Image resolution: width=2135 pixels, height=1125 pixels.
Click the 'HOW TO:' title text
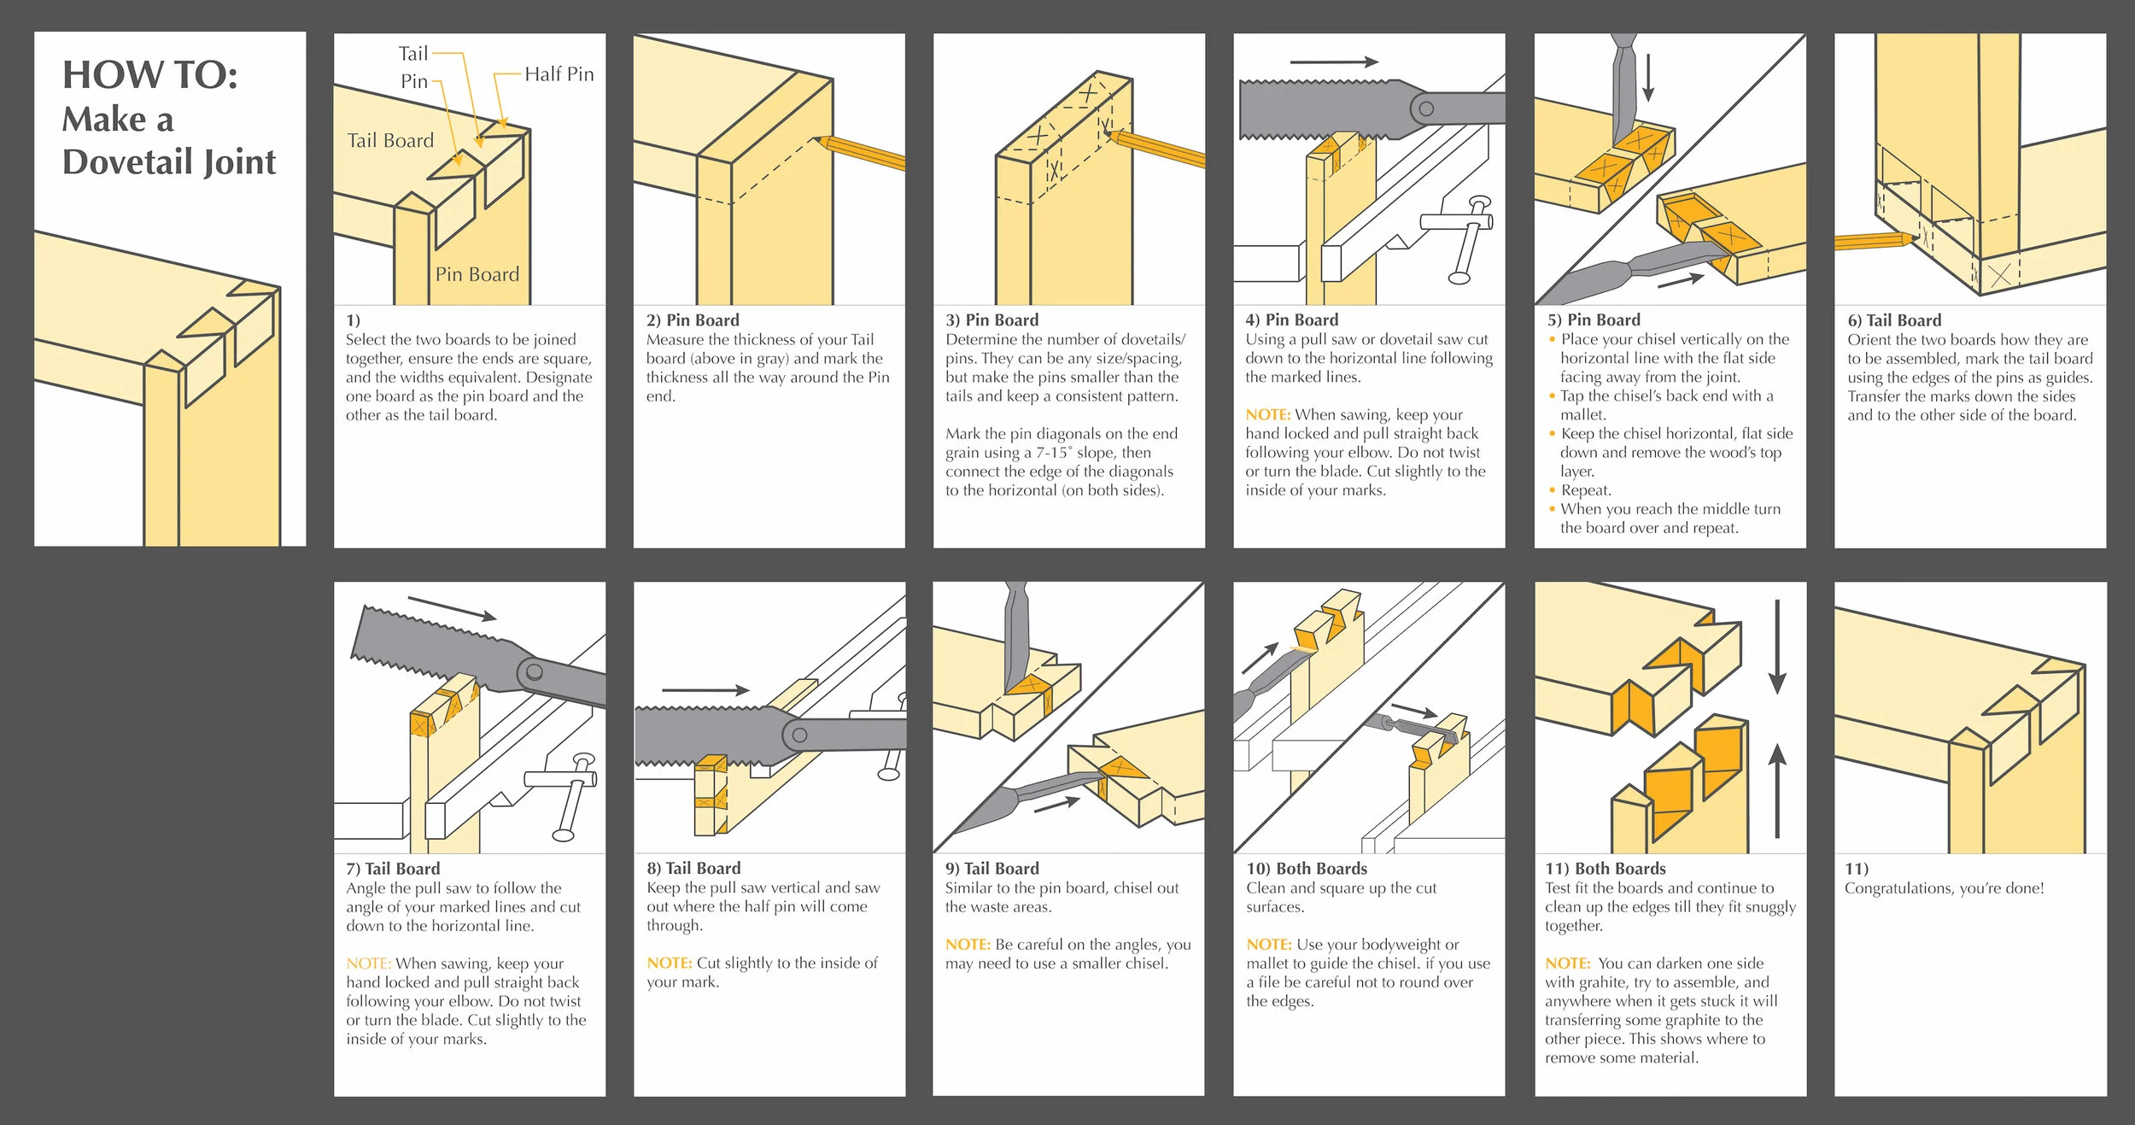point(149,75)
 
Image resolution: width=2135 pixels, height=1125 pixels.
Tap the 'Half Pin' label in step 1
point(559,74)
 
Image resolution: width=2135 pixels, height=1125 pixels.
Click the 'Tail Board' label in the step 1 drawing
point(390,141)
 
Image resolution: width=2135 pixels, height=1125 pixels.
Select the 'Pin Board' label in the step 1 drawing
point(477,274)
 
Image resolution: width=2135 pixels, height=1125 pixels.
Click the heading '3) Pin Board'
point(991,320)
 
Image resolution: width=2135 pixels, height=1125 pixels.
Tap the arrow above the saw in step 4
point(1333,62)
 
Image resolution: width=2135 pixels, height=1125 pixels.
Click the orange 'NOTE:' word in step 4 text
point(1267,415)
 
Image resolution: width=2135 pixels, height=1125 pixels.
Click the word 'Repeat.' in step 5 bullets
point(1586,490)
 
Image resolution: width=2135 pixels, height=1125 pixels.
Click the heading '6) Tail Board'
point(1894,320)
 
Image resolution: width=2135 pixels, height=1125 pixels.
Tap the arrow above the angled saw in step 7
point(452,609)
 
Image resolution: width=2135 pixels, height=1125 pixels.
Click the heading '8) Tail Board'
point(693,869)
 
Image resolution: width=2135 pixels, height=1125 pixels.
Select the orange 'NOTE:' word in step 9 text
point(968,945)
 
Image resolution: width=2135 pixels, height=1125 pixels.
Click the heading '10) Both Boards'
point(1307,869)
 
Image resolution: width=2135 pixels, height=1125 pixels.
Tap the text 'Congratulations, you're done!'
point(1944,888)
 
